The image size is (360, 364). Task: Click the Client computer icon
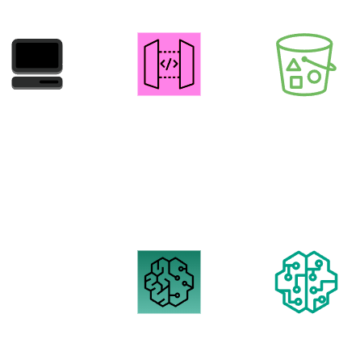(37, 64)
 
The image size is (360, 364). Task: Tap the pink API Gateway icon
(169, 63)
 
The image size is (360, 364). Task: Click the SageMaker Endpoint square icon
(169, 281)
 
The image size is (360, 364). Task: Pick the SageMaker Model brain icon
(306, 282)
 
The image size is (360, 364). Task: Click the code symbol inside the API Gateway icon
(169, 63)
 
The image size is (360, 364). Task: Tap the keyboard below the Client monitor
(37, 82)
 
